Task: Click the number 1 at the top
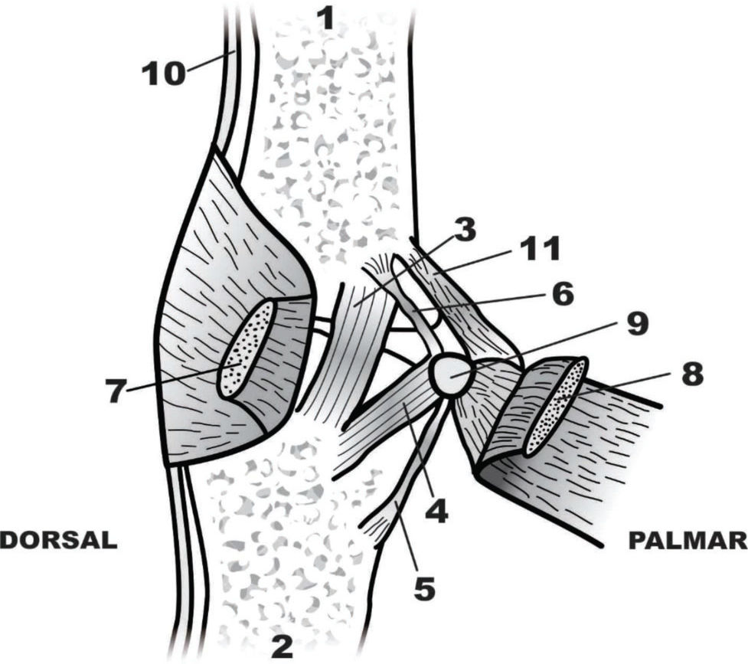click(x=327, y=17)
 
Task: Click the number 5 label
click(x=425, y=590)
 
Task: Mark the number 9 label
click(x=636, y=324)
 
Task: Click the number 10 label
click(x=162, y=73)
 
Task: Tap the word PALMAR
click(x=687, y=540)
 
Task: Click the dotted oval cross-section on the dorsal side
click(x=247, y=348)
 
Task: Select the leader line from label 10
click(x=209, y=62)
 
